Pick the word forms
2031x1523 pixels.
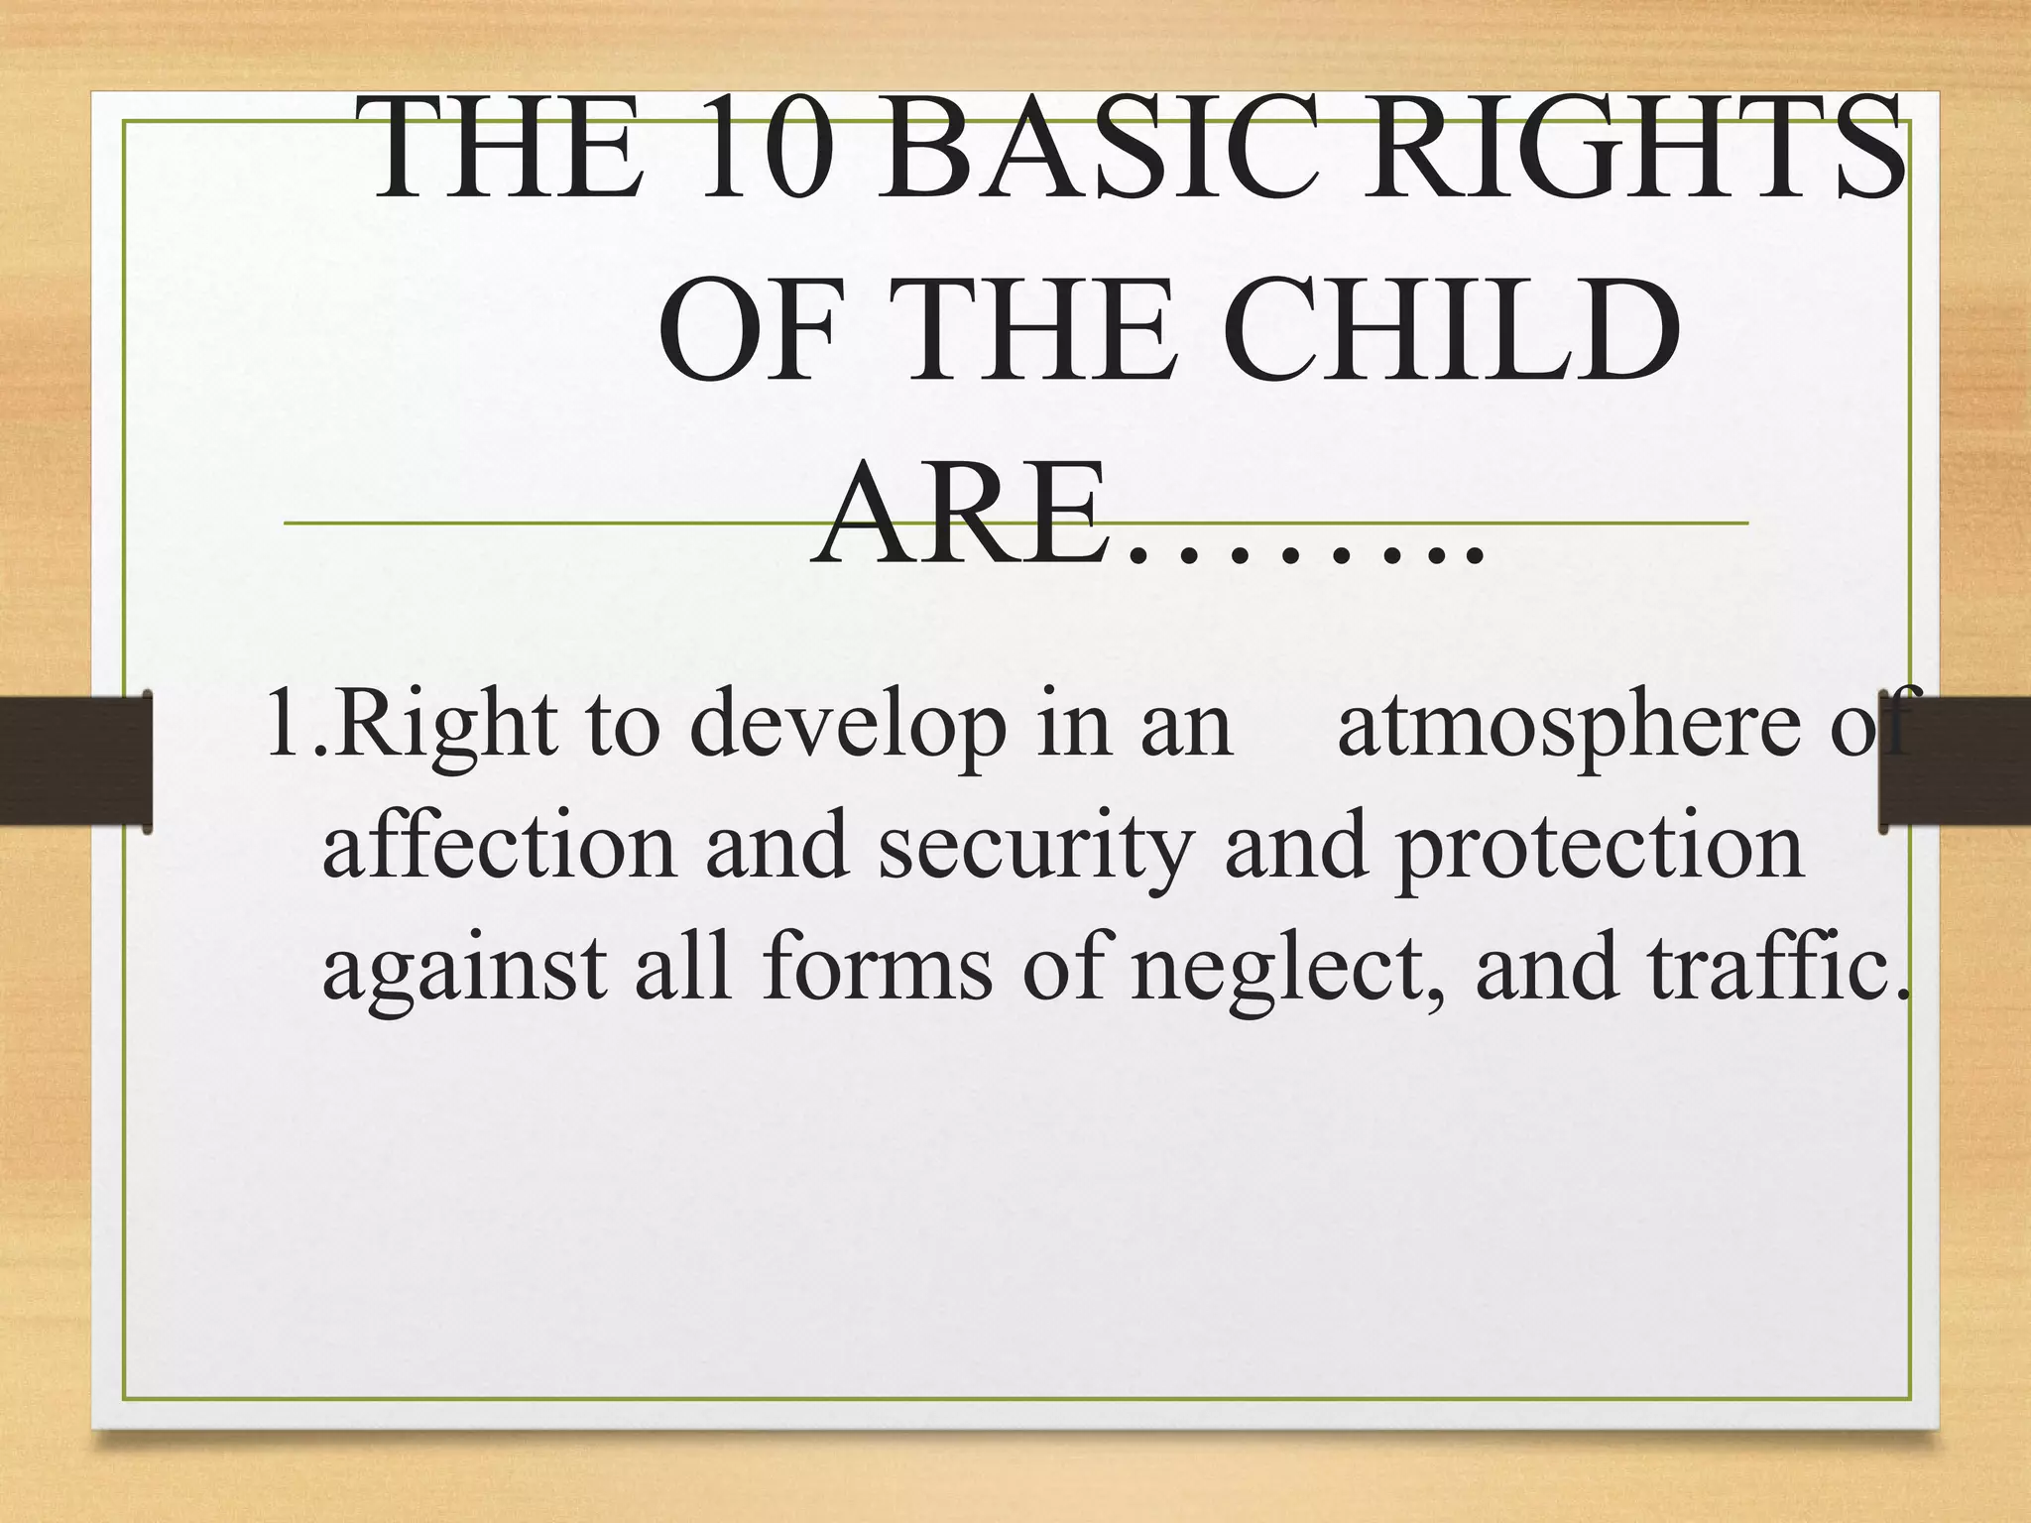click(878, 967)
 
